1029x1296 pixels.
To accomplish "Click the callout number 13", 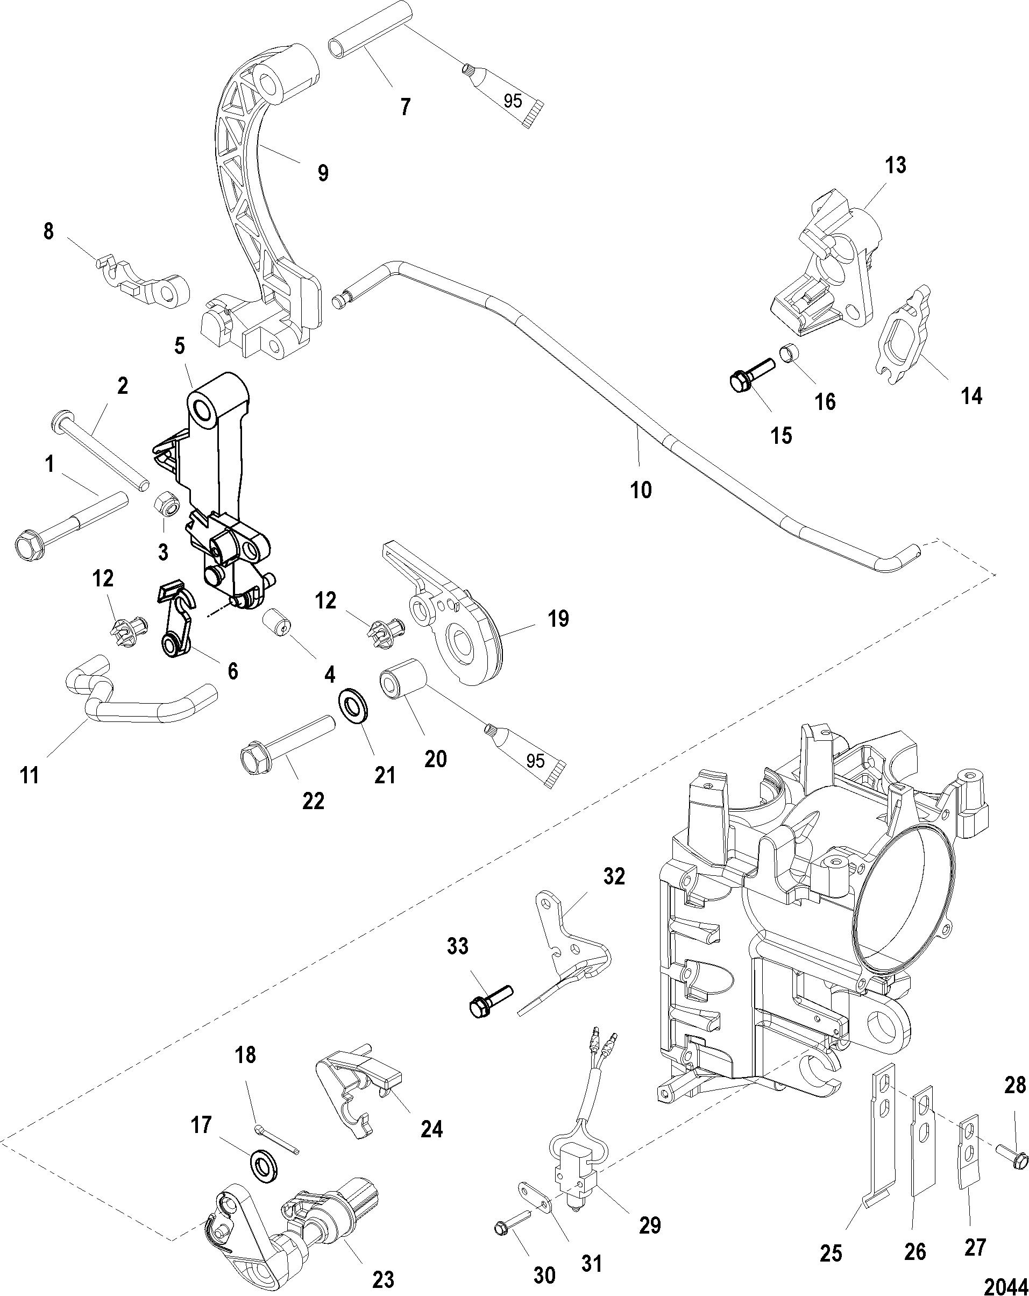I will pyautogui.click(x=895, y=165).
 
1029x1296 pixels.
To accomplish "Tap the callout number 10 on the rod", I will pyautogui.click(x=641, y=490).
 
